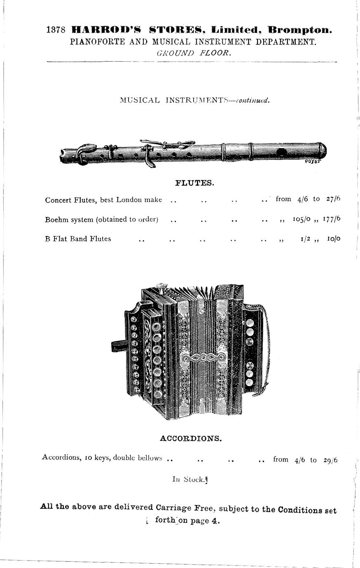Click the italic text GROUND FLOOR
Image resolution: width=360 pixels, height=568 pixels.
coord(194,53)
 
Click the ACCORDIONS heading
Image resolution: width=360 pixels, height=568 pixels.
coord(191,438)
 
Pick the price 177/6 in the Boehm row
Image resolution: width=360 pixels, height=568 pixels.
coord(332,219)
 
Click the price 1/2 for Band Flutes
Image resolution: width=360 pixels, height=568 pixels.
coord(306,239)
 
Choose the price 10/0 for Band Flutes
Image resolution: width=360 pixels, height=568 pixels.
coord(334,239)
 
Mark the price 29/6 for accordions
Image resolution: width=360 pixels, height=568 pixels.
coord(330,460)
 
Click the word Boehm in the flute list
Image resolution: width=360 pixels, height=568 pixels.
coord(56,219)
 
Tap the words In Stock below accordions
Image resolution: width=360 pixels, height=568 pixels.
coord(188,479)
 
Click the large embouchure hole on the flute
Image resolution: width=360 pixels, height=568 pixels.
coord(282,153)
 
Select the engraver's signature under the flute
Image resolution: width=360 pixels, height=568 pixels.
coord(312,161)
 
